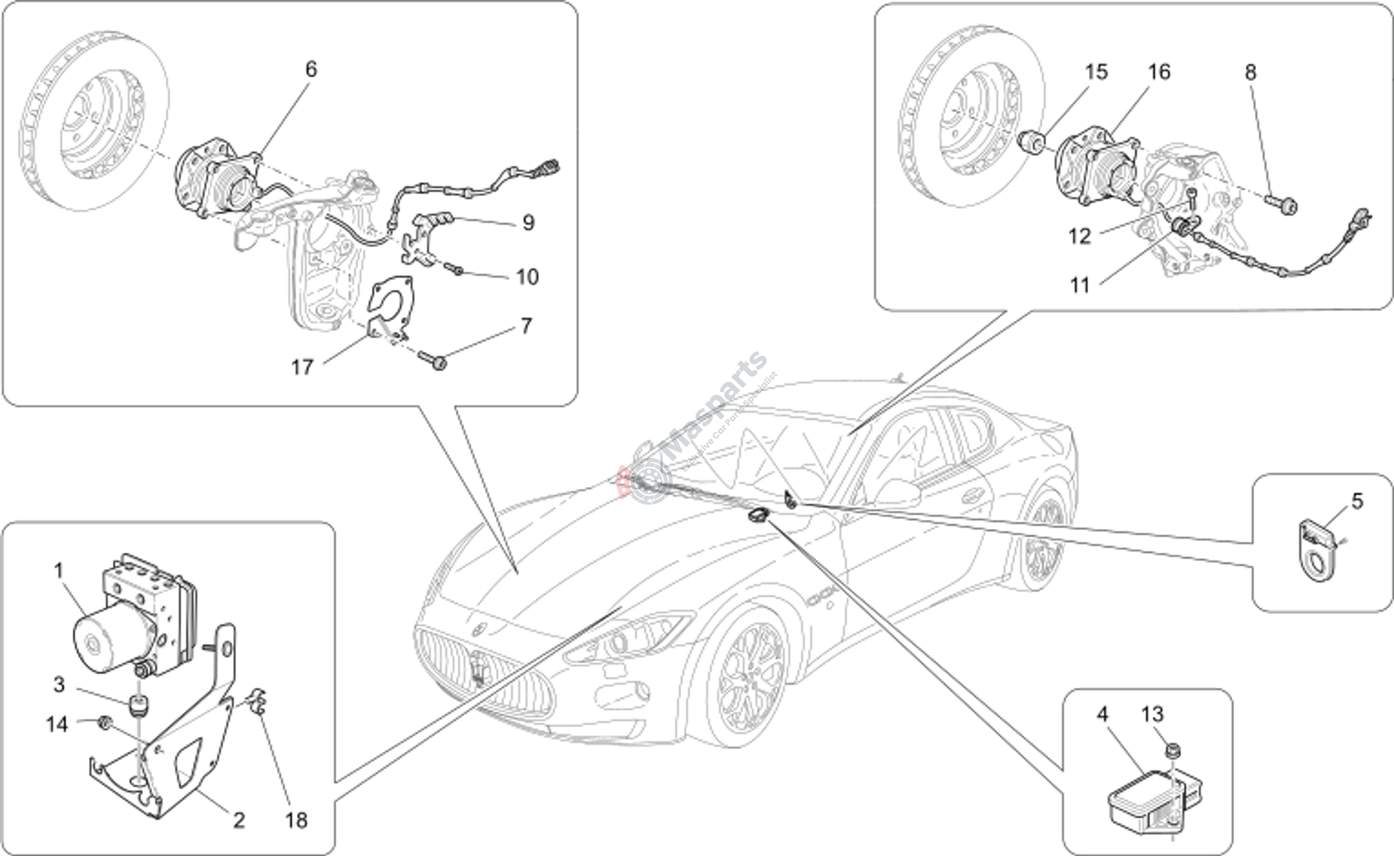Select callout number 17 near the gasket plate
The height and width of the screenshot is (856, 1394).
click(302, 367)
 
